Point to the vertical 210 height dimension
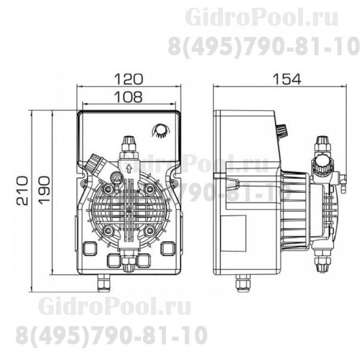pyautogui.click(x=22, y=191)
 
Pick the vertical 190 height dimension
pyautogui.click(x=43, y=191)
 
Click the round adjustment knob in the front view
pyautogui.click(x=160, y=130)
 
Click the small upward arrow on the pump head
pyautogui.click(x=129, y=169)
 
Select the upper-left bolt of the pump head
pyautogui.click(x=108, y=188)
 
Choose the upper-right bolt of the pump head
pyautogui.click(x=150, y=188)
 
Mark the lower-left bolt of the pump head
pyautogui.click(x=108, y=230)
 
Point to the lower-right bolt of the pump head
pyautogui.click(x=150, y=230)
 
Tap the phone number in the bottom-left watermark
pyautogui.click(x=111, y=336)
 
